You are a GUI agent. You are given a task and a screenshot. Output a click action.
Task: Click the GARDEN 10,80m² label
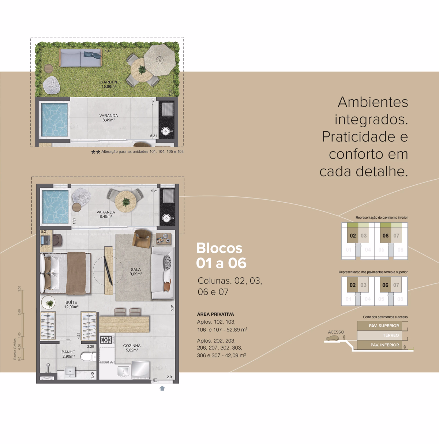click(x=109, y=84)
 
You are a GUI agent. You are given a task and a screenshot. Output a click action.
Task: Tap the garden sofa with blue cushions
click(x=80, y=58)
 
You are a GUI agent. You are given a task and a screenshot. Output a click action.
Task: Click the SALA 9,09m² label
click(x=136, y=272)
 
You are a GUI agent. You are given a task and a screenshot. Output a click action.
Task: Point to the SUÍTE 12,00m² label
click(x=71, y=305)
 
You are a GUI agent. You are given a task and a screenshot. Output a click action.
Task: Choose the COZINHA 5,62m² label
click(x=132, y=348)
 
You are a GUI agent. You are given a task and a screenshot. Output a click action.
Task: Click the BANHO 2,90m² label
click(x=68, y=354)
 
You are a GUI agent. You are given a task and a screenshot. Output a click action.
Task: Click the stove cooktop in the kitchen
click(x=106, y=340)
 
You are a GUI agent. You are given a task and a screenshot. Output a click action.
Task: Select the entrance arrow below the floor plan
click(x=162, y=388)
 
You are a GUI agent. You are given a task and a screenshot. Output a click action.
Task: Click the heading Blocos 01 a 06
click(x=221, y=256)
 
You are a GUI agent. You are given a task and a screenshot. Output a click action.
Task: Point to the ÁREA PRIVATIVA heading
click(x=215, y=314)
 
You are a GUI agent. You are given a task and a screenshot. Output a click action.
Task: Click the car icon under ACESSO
click(x=333, y=338)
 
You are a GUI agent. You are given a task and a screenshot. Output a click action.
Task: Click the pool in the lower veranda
click(x=55, y=207)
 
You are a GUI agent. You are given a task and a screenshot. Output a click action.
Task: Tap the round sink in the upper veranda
click(x=167, y=131)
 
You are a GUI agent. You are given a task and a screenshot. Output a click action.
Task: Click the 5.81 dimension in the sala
click(x=172, y=308)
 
